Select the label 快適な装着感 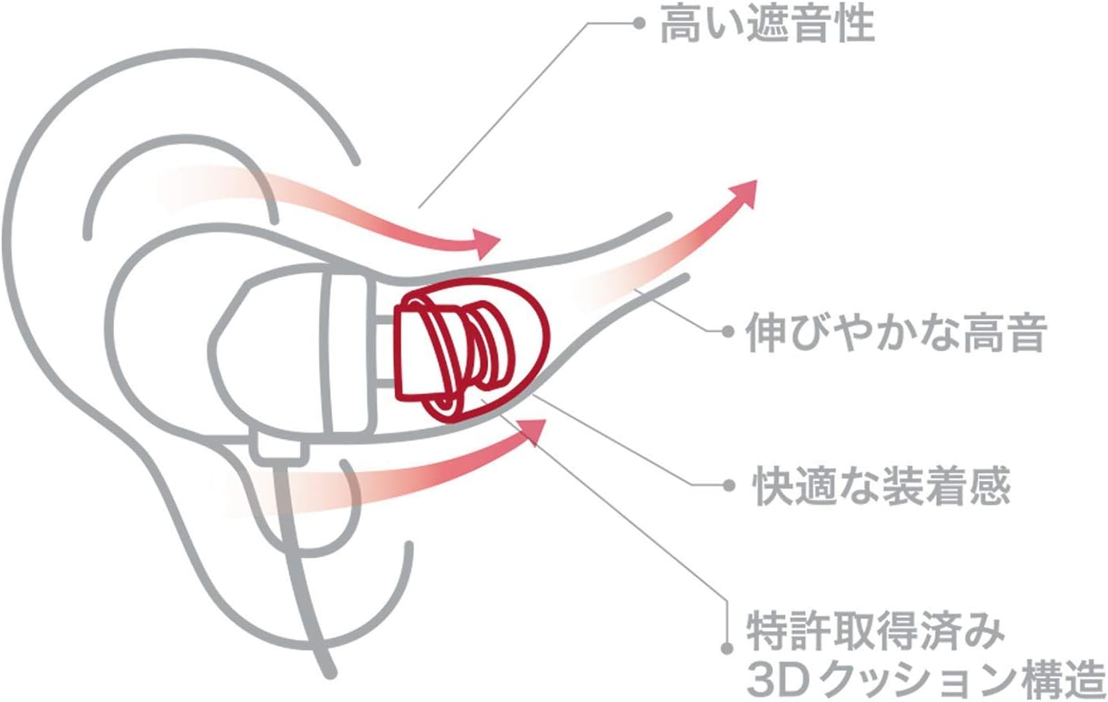[x=882, y=486]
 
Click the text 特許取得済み [x=876, y=632]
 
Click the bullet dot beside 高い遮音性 [x=638, y=23]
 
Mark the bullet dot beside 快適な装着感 [x=727, y=485]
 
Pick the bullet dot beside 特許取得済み [x=726, y=649]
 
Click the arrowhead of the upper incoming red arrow [x=486, y=243]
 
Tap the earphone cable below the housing [x=299, y=558]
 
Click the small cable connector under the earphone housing [x=278, y=448]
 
